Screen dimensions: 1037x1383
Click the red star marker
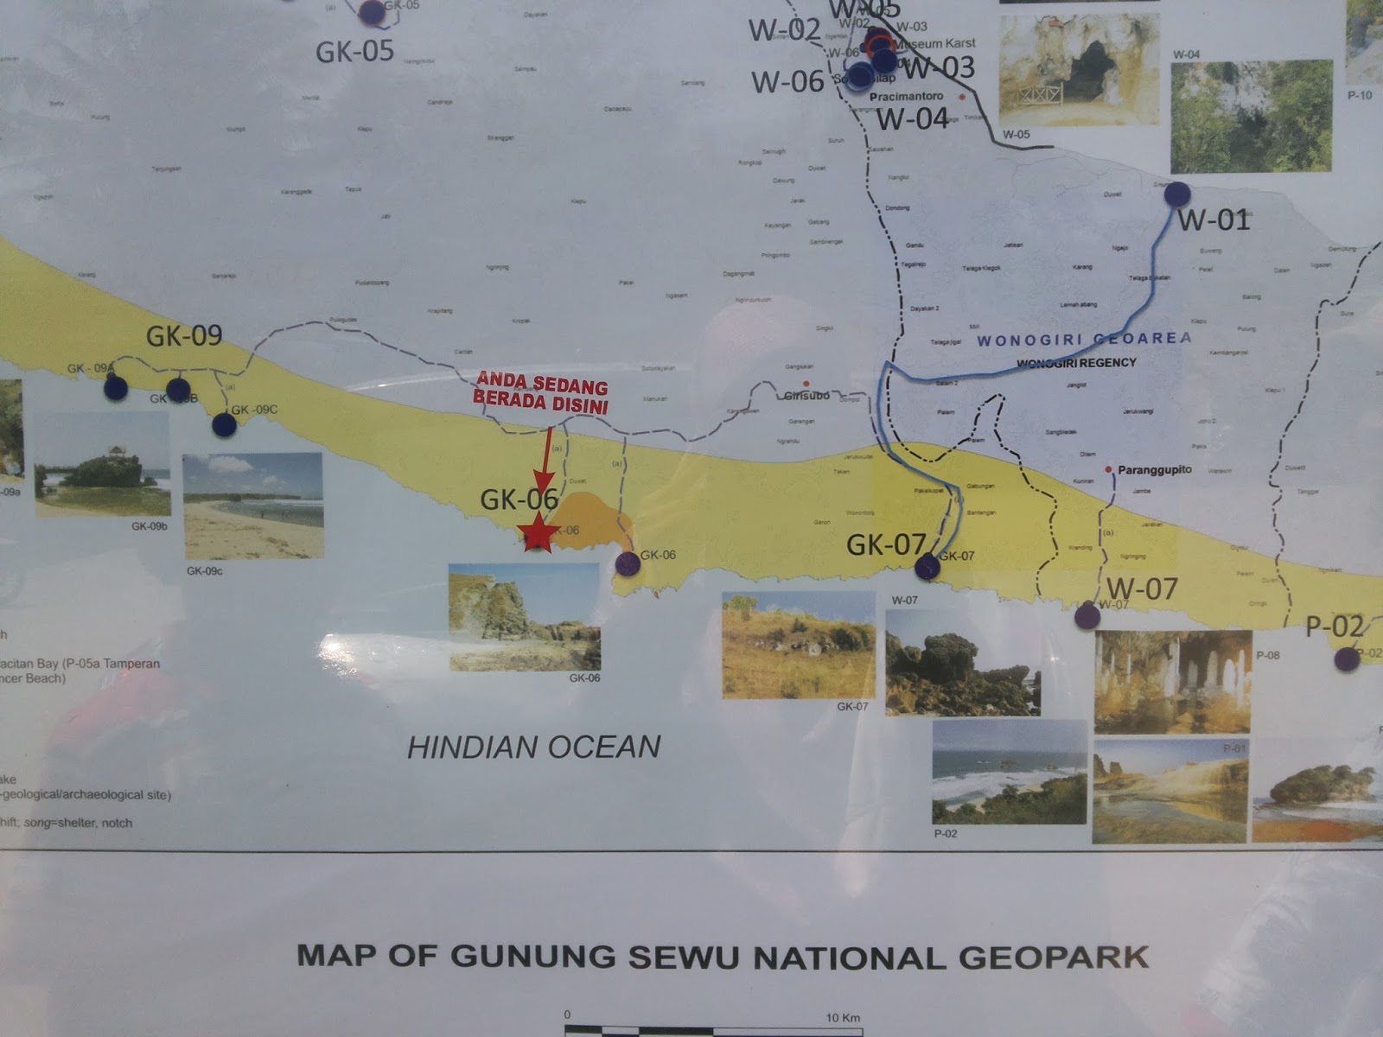[538, 533]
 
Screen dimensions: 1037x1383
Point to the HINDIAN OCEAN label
[534, 747]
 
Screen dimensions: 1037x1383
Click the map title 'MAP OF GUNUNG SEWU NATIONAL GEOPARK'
[723, 957]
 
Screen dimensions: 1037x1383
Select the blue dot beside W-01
[1177, 194]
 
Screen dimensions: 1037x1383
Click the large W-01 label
[1214, 220]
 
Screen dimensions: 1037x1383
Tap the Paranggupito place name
[1154, 470]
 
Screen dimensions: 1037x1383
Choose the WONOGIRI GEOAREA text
[1084, 340]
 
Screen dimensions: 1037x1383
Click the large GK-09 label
[184, 335]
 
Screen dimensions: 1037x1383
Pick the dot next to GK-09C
[224, 424]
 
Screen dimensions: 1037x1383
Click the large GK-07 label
[886, 544]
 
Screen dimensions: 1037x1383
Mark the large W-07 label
[1142, 589]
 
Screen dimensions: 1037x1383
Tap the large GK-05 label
[354, 52]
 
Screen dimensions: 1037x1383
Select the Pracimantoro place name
[906, 97]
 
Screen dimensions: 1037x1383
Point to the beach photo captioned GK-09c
[253, 506]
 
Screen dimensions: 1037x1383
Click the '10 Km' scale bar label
[843, 1017]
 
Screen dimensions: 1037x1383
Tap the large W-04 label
[912, 118]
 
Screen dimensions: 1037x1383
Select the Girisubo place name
[806, 395]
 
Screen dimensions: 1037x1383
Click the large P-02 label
[1334, 627]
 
